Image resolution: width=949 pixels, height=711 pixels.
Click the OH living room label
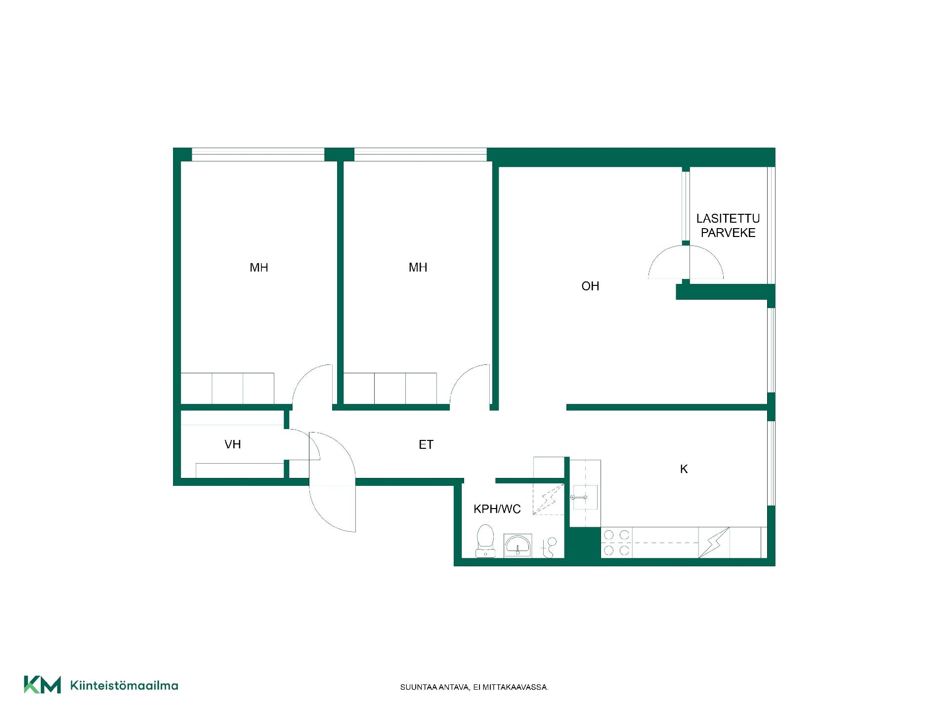coord(590,286)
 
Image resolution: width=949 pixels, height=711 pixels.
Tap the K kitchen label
coord(684,469)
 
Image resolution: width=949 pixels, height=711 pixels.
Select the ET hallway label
coord(426,445)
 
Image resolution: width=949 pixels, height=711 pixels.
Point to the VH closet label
coord(233,444)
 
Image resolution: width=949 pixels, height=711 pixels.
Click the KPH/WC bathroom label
coord(497,509)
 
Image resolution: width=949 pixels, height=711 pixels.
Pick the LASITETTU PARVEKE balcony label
coord(728,226)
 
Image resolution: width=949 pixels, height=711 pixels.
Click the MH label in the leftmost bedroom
coord(259,268)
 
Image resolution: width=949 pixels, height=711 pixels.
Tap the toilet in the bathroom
coord(485,541)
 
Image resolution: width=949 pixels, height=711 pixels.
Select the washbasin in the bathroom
coord(518,546)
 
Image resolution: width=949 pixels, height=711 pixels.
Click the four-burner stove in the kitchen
coord(617,542)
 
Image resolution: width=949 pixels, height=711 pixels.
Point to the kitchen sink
coord(585,497)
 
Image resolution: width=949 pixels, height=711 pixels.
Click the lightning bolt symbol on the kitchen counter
coord(714,543)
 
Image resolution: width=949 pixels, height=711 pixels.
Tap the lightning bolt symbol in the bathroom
coord(549,500)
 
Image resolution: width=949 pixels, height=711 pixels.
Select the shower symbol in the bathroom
coord(550,547)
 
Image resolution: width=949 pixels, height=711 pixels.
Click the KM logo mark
coord(43,685)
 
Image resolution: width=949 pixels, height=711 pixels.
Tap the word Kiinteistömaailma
coord(125,685)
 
